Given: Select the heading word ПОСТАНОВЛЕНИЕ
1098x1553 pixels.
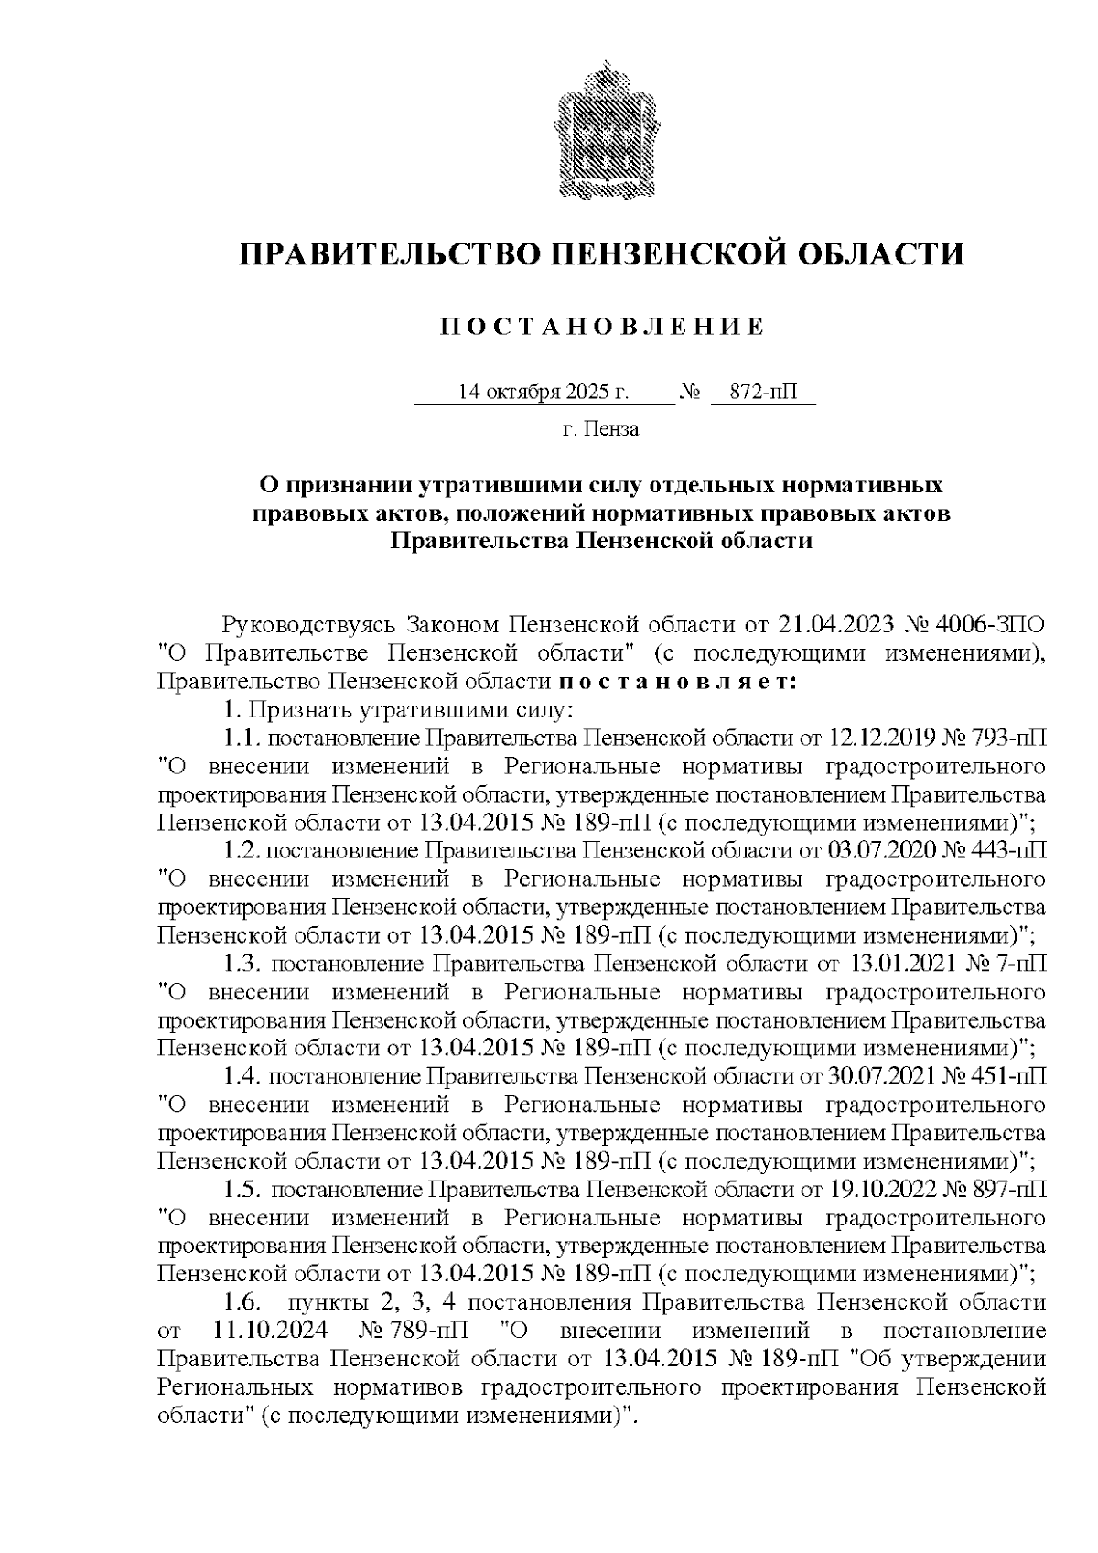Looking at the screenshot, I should [601, 328].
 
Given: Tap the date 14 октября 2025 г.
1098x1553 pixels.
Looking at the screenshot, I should [544, 393].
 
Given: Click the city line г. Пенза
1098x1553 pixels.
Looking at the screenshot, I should [600, 429].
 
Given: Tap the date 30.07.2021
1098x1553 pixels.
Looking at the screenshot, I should [877, 1077].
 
